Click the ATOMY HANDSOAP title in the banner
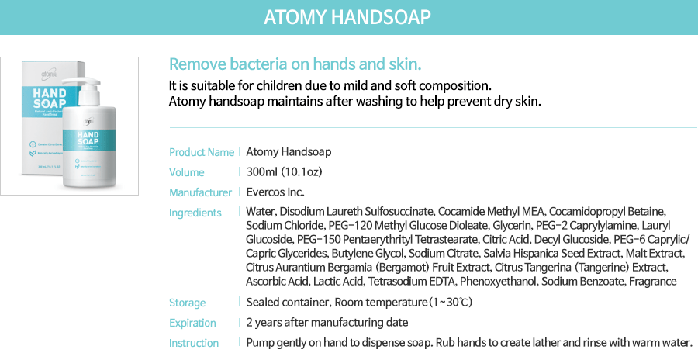click(347, 17)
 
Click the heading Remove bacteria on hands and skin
click(295, 64)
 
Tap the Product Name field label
click(202, 152)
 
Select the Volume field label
click(187, 172)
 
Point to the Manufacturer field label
click(200, 192)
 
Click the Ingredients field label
click(195, 213)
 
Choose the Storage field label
click(188, 303)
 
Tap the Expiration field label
click(192, 323)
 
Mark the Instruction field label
click(194, 343)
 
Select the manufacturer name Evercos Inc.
click(275, 192)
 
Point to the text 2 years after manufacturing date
click(327, 322)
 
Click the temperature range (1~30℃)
click(450, 302)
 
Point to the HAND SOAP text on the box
click(50, 102)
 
